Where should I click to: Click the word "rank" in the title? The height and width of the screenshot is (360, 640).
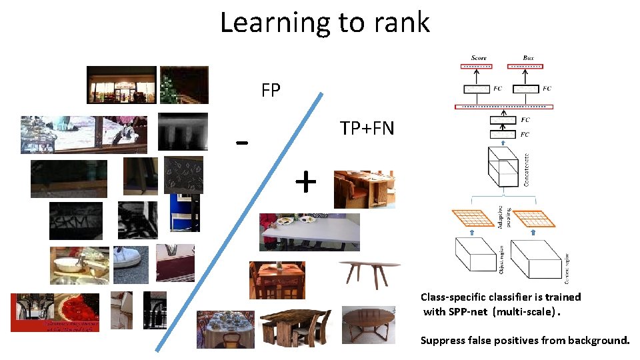[x=401, y=23]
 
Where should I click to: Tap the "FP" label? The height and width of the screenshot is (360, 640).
[x=271, y=91]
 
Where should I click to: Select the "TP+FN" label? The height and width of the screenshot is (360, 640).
[x=367, y=127]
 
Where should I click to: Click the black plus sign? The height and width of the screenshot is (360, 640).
[x=305, y=181]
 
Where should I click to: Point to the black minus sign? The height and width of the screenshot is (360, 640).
[x=243, y=143]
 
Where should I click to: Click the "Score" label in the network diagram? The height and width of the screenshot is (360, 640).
[x=479, y=58]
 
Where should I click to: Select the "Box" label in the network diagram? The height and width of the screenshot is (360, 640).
[x=528, y=58]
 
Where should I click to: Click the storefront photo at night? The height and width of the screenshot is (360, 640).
[x=121, y=85]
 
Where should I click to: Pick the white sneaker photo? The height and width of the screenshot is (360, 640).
[x=131, y=265]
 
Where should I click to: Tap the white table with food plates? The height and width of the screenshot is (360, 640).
[x=309, y=231]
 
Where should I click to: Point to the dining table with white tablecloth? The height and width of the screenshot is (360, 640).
[x=225, y=329]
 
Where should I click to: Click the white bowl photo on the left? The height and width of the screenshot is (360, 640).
[x=79, y=265]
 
